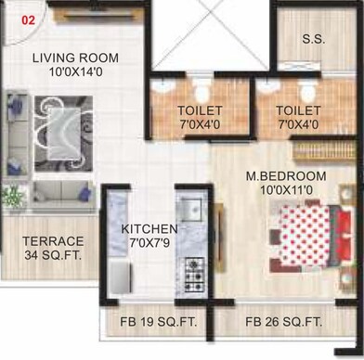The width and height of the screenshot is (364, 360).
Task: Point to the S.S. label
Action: [x=314, y=39]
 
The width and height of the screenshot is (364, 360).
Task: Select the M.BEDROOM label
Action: [x=285, y=176]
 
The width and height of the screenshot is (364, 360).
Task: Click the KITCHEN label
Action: [x=149, y=228]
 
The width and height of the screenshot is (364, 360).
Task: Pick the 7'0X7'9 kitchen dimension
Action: [x=149, y=243]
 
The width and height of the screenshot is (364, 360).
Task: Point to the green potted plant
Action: [x=12, y=196]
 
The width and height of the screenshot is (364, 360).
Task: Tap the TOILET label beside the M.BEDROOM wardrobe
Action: [x=299, y=109]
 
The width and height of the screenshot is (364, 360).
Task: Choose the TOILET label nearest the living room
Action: [x=201, y=109]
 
